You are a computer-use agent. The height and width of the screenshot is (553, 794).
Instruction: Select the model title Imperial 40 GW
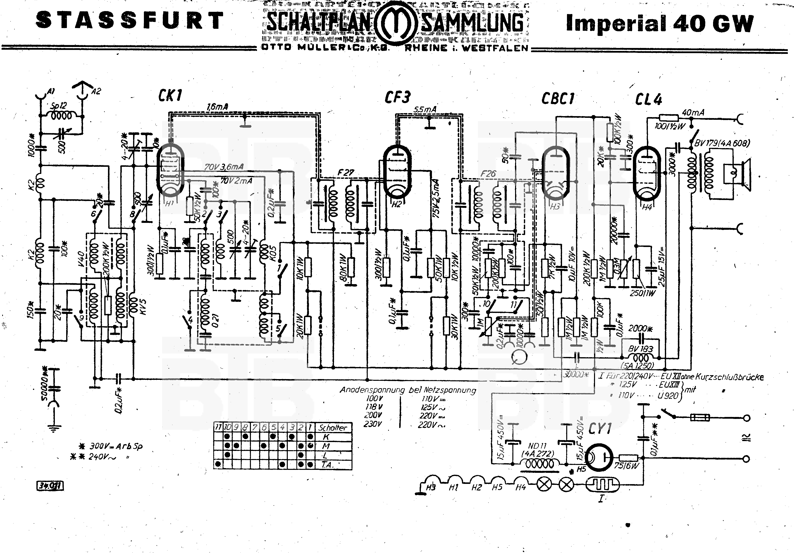coord(659,24)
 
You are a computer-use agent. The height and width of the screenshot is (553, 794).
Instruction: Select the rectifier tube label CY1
coord(600,429)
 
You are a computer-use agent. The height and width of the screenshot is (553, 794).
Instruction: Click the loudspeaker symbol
coord(737,175)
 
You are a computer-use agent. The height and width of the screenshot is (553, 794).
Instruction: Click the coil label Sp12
coord(59,106)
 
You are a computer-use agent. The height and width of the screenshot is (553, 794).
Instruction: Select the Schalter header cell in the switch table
coord(332,428)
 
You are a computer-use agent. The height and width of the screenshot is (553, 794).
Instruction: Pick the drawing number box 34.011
coord(50,486)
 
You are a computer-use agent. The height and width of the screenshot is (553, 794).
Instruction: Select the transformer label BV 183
coord(641,349)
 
